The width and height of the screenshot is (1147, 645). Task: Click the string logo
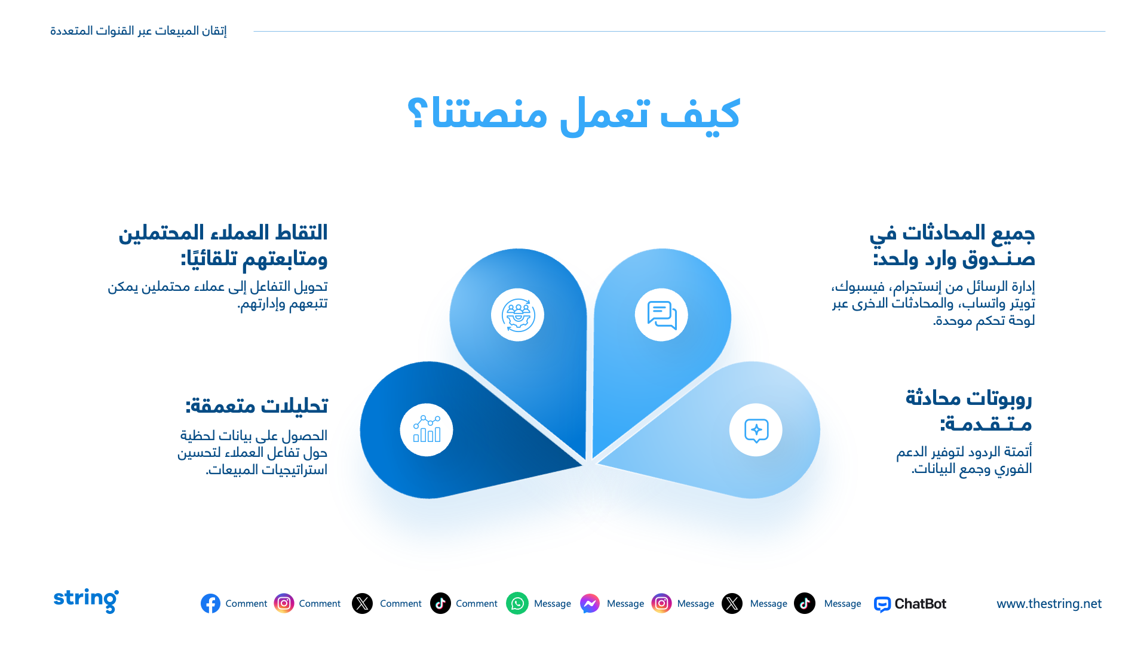pos(86,600)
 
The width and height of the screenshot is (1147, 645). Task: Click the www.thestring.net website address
pos(1049,604)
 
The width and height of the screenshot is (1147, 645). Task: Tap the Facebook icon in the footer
pos(210,604)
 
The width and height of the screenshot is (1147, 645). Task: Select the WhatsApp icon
pos(517,604)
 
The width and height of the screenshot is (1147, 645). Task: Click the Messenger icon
pos(590,604)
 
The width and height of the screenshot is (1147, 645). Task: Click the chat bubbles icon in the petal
pos(662,315)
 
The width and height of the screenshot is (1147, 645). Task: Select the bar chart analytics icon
pos(427,429)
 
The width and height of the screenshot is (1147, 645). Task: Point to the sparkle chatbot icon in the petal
pos(756,431)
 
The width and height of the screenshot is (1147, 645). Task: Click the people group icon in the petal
pos(517,315)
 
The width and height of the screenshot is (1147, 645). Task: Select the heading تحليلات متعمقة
pos(256,406)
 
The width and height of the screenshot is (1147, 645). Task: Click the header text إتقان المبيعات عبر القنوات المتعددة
pos(139,30)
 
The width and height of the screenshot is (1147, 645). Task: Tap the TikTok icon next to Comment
pos(440,604)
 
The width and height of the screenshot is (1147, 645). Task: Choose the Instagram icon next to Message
pos(661,604)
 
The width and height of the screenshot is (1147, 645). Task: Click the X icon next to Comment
pos(362,604)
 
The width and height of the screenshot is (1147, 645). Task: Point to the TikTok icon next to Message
pos(805,604)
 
